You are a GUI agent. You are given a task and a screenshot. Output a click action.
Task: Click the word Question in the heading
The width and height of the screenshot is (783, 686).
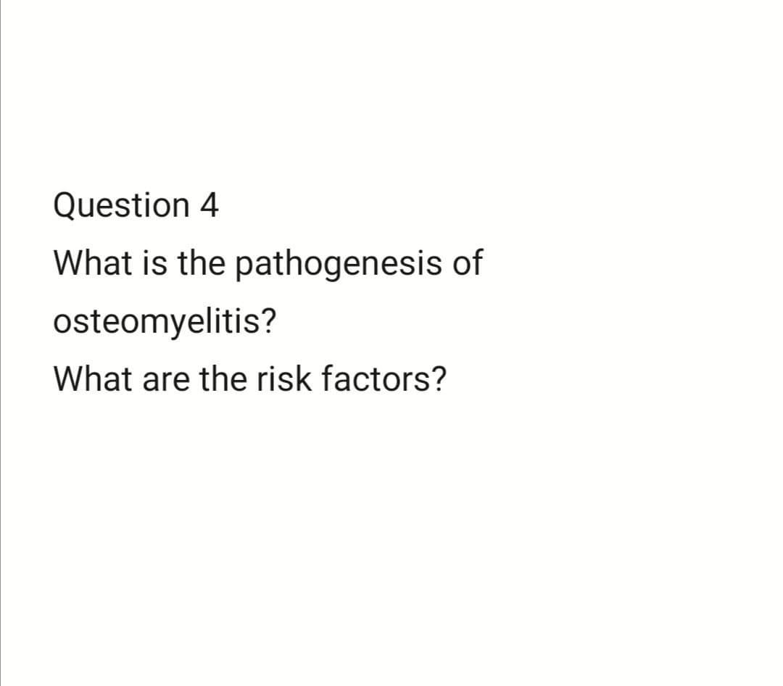point(120,206)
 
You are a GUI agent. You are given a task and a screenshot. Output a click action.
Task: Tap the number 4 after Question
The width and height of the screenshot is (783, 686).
point(208,206)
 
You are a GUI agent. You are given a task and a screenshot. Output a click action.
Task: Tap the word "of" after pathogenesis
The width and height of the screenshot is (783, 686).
point(466,263)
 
